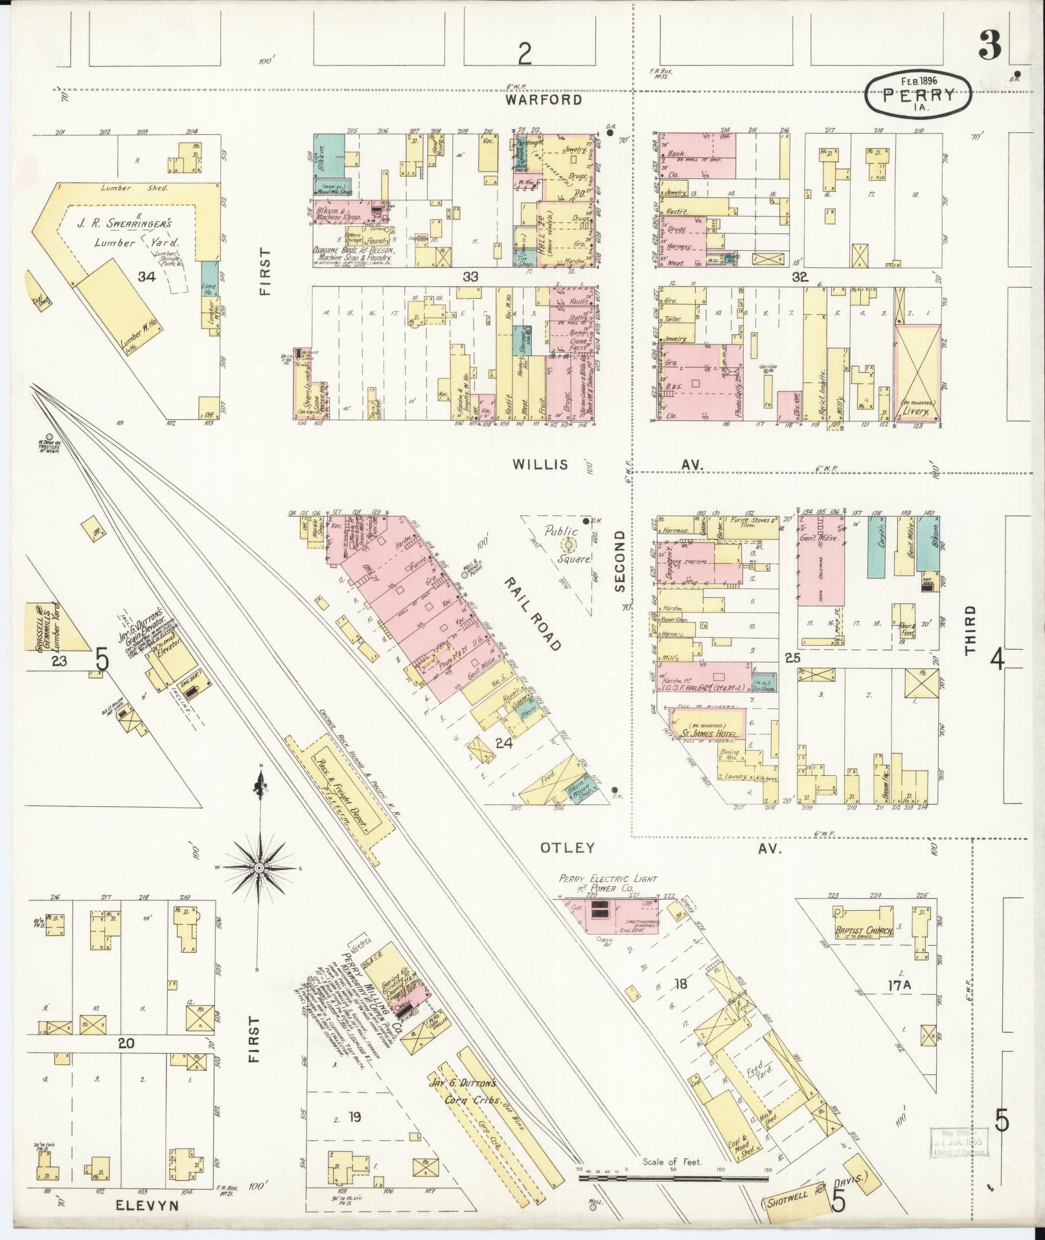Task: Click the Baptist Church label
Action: click(865, 930)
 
